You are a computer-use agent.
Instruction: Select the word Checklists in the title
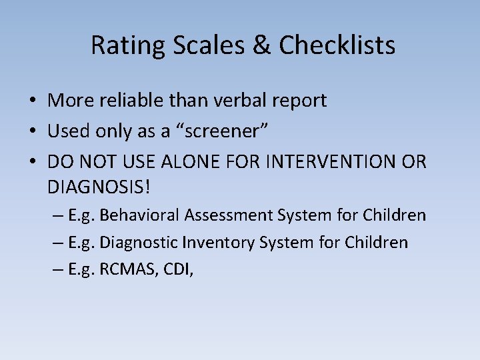(337, 45)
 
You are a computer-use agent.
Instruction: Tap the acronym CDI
(175, 269)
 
